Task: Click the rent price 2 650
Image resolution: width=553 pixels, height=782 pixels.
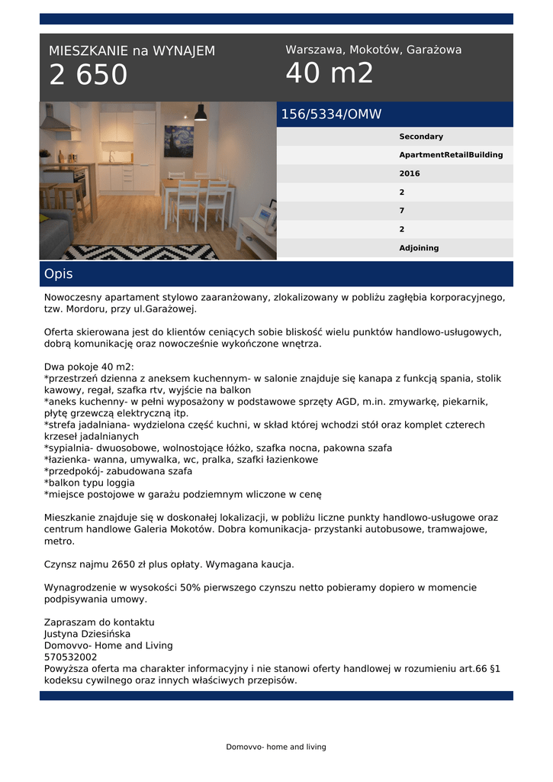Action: pyautogui.click(x=88, y=75)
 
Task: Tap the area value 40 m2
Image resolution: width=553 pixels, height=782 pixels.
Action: pyautogui.click(x=330, y=73)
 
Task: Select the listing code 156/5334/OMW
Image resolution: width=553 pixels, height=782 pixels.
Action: pyautogui.click(x=331, y=115)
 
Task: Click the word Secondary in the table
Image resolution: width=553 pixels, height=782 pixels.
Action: pyautogui.click(x=421, y=137)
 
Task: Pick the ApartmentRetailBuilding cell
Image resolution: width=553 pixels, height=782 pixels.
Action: pyautogui.click(x=451, y=155)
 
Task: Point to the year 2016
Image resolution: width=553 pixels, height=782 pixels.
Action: pyautogui.click(x=410, y=174)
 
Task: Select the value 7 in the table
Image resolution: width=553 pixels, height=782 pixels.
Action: pyautogui.click(x=402, y=211)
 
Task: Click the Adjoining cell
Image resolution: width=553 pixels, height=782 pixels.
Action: pyautogui.click(x=419, y=248)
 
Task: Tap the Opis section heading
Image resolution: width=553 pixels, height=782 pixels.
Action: pyautogui.click(x=59, y=273)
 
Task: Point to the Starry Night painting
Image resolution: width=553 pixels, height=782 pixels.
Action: pyautogui.click(x=178, y=141)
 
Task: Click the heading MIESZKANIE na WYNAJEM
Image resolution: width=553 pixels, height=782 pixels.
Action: pyautogui.click(x=132, y=51)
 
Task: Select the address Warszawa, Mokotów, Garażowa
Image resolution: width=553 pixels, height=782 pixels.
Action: pyautogui.click(x=373, y=50)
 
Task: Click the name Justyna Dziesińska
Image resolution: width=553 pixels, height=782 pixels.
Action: pyautogui.click(x=87, y=634)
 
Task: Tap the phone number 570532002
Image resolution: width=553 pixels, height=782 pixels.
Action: pyautogui.click(x=70, y=657)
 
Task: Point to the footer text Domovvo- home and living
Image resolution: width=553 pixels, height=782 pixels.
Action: pyautogui.click(x=276, y=747)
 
